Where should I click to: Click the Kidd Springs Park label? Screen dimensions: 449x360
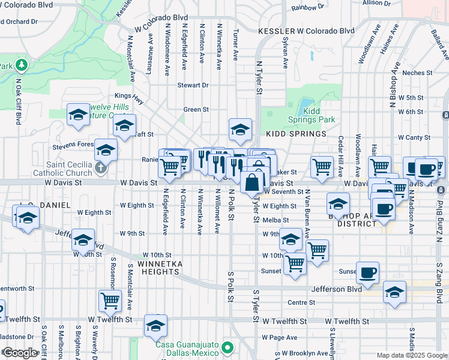tap(319, 115)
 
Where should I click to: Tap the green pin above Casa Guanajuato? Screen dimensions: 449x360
tap(227, 347)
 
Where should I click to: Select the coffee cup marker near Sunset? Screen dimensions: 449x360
tap(367, 272)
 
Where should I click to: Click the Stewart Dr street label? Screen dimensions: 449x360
tap(193, 85)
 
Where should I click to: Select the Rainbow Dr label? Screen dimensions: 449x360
tap(307, 8)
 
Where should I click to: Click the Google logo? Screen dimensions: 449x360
tap(19, 353)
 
